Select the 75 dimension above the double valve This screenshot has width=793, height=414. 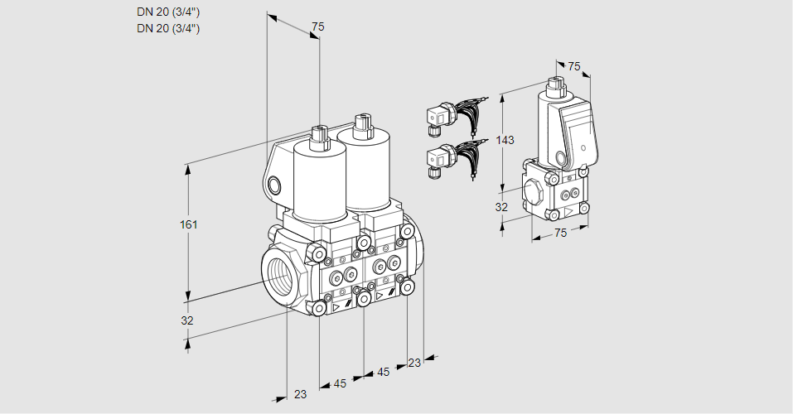317,27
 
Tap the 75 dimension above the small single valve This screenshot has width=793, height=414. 574,66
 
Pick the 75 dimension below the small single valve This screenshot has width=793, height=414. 560,233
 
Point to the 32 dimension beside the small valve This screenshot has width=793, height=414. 501,207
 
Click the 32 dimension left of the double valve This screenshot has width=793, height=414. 187,320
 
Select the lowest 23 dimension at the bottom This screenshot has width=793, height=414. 300,394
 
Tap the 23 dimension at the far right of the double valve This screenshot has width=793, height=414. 414,363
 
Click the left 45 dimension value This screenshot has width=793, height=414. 340,383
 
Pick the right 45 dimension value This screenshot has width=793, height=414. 383,373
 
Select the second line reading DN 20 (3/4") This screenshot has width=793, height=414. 169,28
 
